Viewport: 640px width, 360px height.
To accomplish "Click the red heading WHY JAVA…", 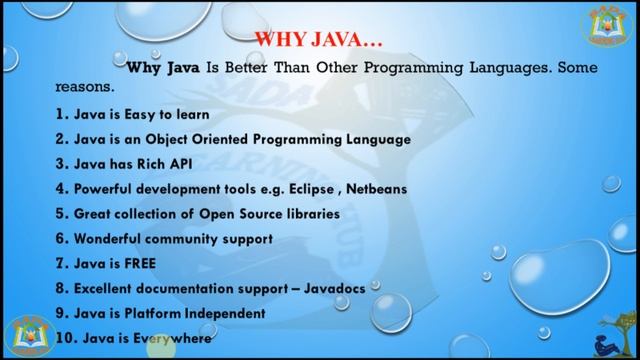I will coord(319,41).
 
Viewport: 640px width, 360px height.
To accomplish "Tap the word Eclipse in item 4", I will coord(333,189).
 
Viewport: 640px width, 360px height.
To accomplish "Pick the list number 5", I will coord(62,214).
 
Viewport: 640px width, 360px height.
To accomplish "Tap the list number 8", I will coord(62,288).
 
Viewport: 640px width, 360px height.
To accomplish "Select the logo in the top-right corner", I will coord(607,27).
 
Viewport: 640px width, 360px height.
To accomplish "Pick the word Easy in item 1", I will coord(134,114).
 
